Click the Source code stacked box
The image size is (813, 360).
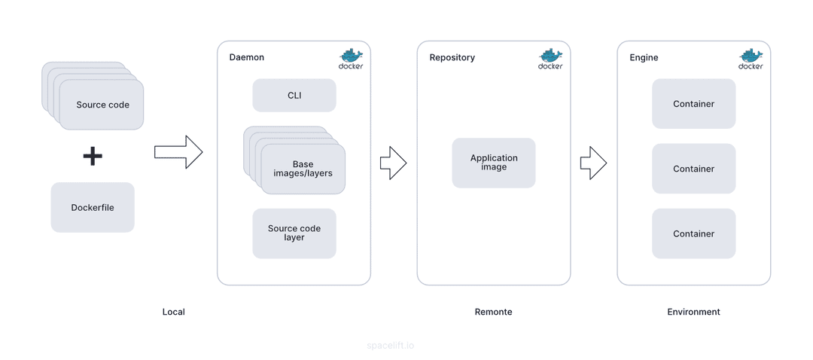102,105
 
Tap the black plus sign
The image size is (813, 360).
93,156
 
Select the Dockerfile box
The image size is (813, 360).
93,207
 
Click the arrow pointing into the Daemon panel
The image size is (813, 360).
178,152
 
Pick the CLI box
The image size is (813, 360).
294,96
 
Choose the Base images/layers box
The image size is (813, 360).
303,169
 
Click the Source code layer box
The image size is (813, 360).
294,233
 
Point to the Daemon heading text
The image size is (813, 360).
247,57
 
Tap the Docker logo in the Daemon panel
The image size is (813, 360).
351,59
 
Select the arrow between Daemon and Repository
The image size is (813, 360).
393,163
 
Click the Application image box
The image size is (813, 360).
494,163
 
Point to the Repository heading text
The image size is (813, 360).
452,57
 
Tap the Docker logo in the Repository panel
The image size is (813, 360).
550,59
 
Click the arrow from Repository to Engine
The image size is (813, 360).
593,163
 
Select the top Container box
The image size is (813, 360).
694,104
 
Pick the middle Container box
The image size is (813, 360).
694,169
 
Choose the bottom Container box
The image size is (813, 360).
694,233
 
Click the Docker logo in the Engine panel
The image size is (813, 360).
751,59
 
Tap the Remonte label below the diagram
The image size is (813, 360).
494,312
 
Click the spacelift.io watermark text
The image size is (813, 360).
391,346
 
